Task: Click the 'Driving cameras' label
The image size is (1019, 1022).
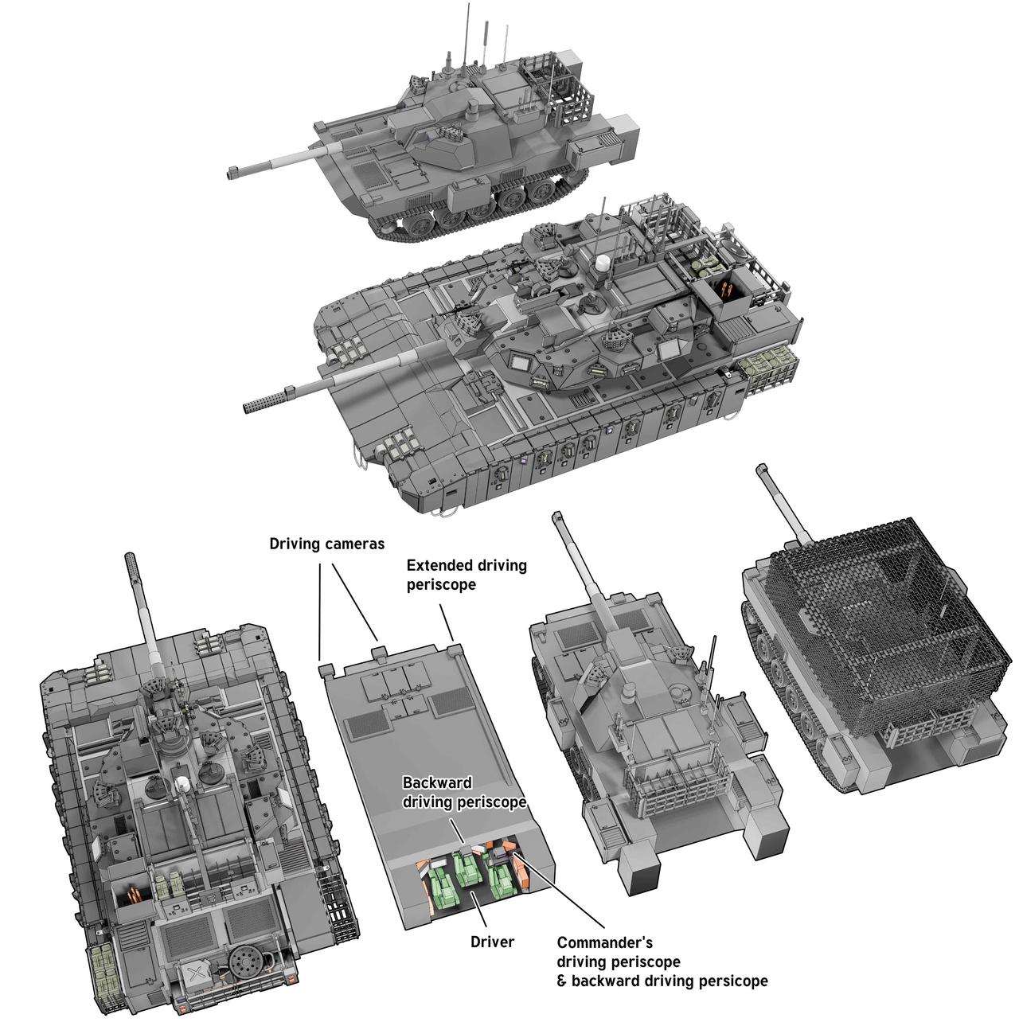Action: click(x=326, y=544)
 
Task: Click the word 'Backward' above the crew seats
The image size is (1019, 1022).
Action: click(x=438, y=782)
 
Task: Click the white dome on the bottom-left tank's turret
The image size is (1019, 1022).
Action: click(x=182, y=782)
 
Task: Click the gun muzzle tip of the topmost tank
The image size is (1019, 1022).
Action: click(x=232, y=172)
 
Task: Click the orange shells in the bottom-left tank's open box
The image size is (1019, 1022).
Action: click(x=134, y=895)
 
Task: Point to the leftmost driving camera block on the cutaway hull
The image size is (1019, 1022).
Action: click(x=326, y=670)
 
